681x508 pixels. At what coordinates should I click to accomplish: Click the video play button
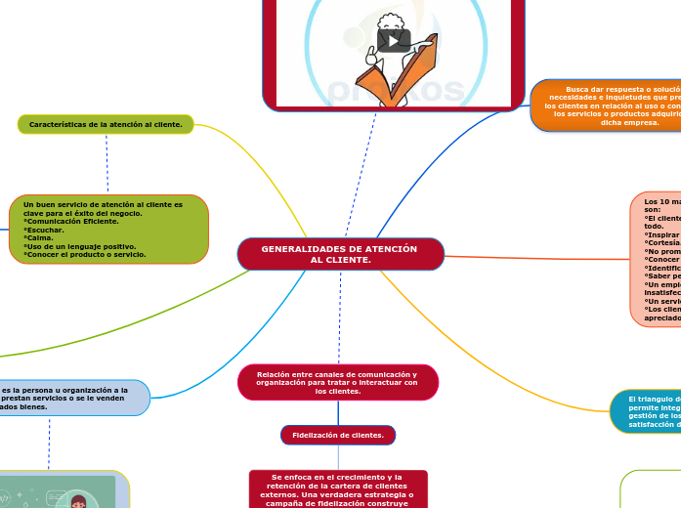(394, 40)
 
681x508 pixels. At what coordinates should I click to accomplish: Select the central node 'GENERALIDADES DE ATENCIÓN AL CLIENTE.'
(340, 254)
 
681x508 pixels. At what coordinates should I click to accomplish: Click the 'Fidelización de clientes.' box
(338, 435)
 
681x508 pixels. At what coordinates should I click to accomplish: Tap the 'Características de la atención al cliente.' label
(106, 124)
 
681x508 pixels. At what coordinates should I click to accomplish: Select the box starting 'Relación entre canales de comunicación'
(337, 382)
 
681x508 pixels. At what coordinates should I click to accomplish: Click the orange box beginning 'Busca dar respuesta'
(606, 106)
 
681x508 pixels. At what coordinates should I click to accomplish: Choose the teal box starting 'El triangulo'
(646, 411)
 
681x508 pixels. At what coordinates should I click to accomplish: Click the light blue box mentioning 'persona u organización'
(73, 398)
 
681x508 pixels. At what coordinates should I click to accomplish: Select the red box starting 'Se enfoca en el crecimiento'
(338, 488)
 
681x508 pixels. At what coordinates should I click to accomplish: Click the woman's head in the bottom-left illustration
(78, 501)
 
